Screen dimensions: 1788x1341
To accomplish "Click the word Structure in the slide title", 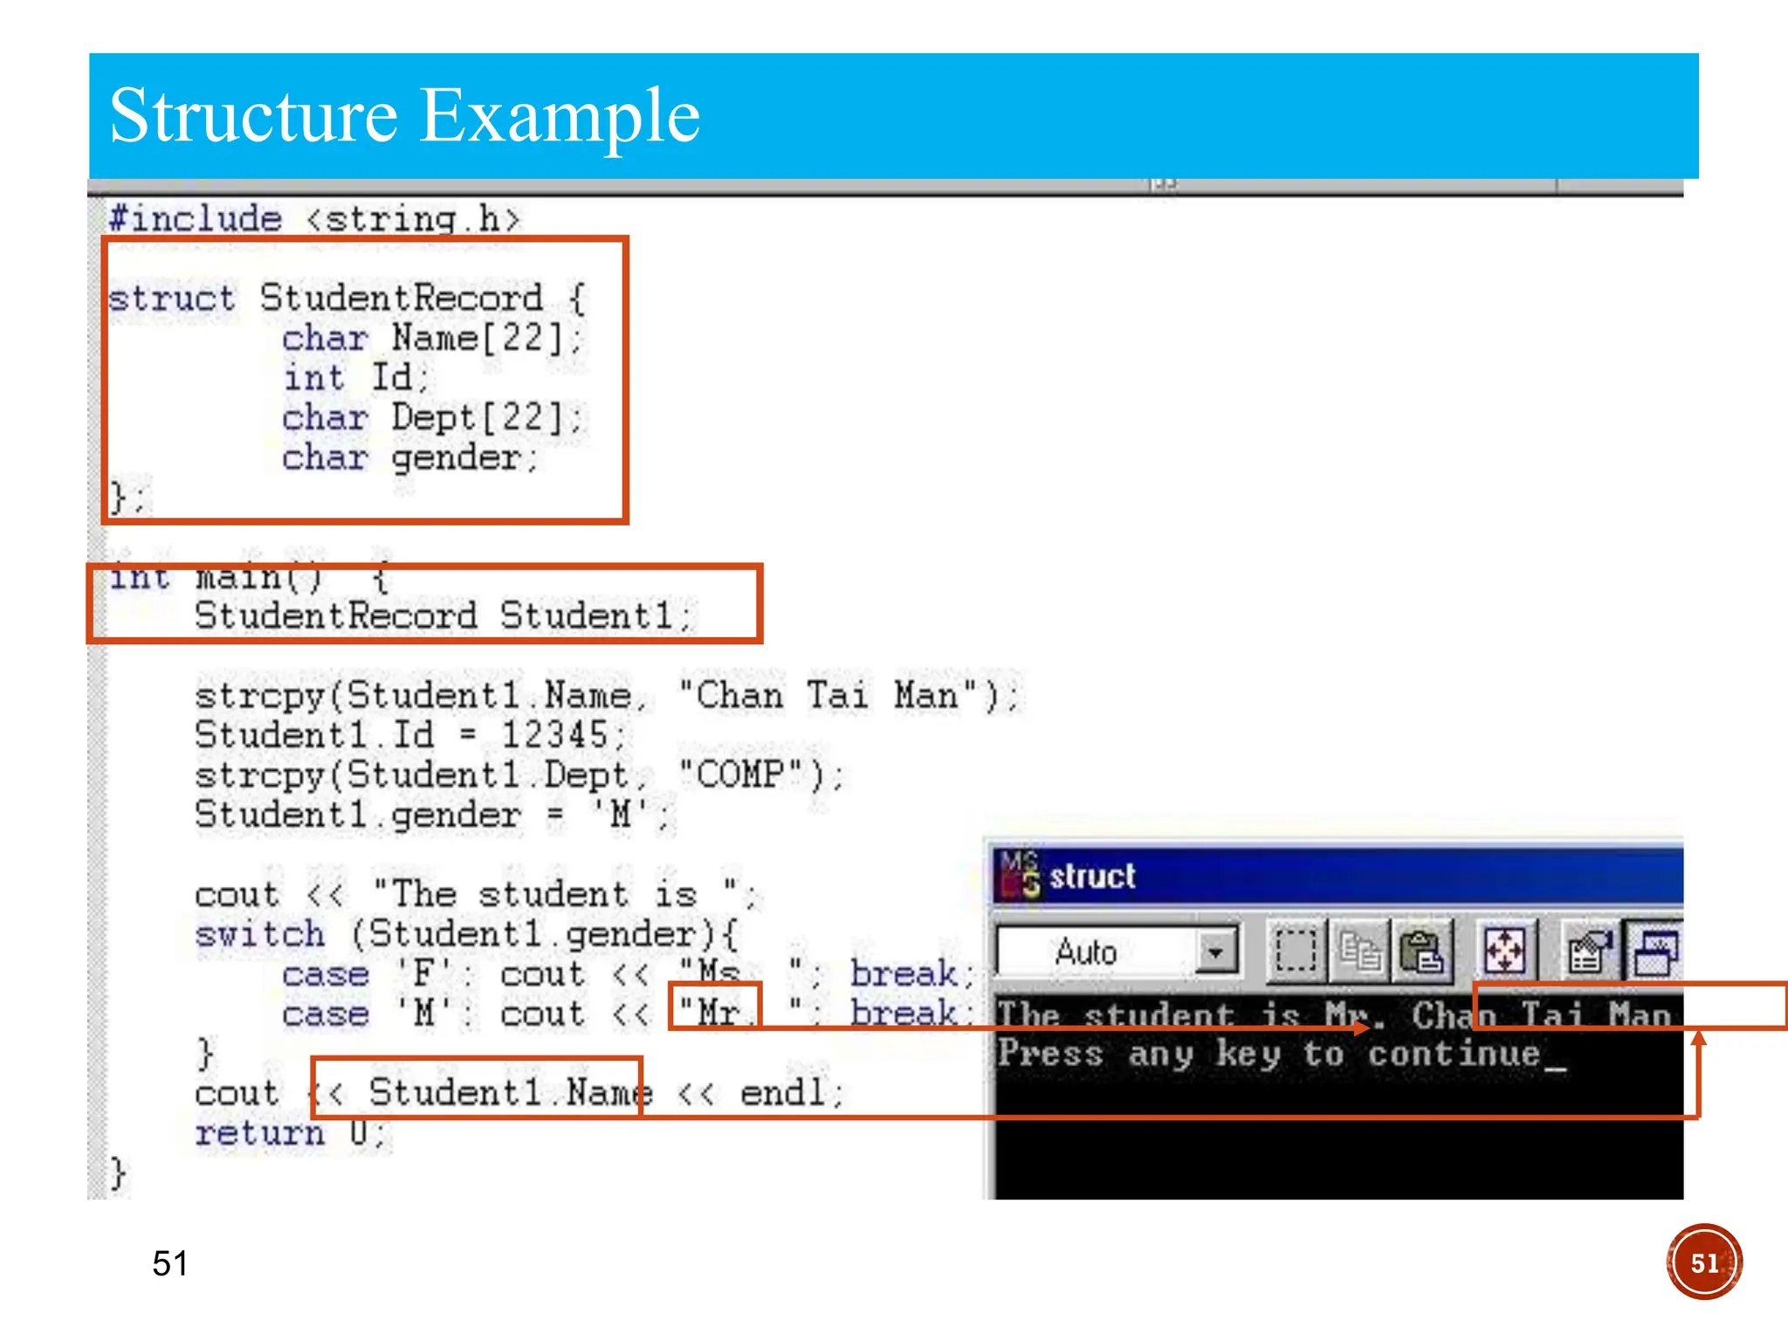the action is point(253,116).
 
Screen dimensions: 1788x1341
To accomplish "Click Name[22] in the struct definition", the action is point(478,338).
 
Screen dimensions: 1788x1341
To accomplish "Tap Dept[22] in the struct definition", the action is point(478,417).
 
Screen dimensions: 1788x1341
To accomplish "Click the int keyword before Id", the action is point(313,378).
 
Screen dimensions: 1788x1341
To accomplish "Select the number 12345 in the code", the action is point(554,735).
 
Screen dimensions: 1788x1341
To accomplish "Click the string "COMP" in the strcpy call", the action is point(740,774).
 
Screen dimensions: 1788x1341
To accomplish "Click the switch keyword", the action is point(259,935).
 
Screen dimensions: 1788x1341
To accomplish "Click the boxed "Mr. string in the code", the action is point(715,1014).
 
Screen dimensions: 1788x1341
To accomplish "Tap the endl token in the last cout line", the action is point(781,1093).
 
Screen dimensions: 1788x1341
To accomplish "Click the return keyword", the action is point(259,1133).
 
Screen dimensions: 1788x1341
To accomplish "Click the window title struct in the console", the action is point(1092,877).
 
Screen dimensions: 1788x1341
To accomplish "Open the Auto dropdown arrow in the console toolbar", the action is point(1215,952).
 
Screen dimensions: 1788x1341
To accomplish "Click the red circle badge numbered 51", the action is point(1703,1262).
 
